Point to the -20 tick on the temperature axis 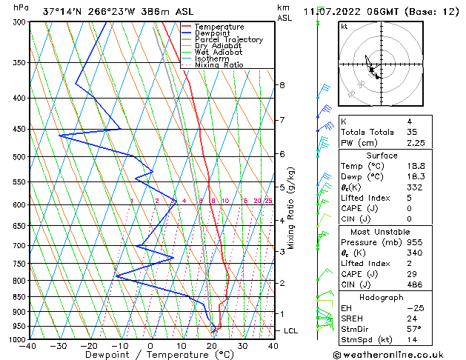(89, 346)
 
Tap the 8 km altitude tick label (282, 85)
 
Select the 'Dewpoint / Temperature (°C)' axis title (151, 355)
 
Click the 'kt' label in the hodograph (344, 26)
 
